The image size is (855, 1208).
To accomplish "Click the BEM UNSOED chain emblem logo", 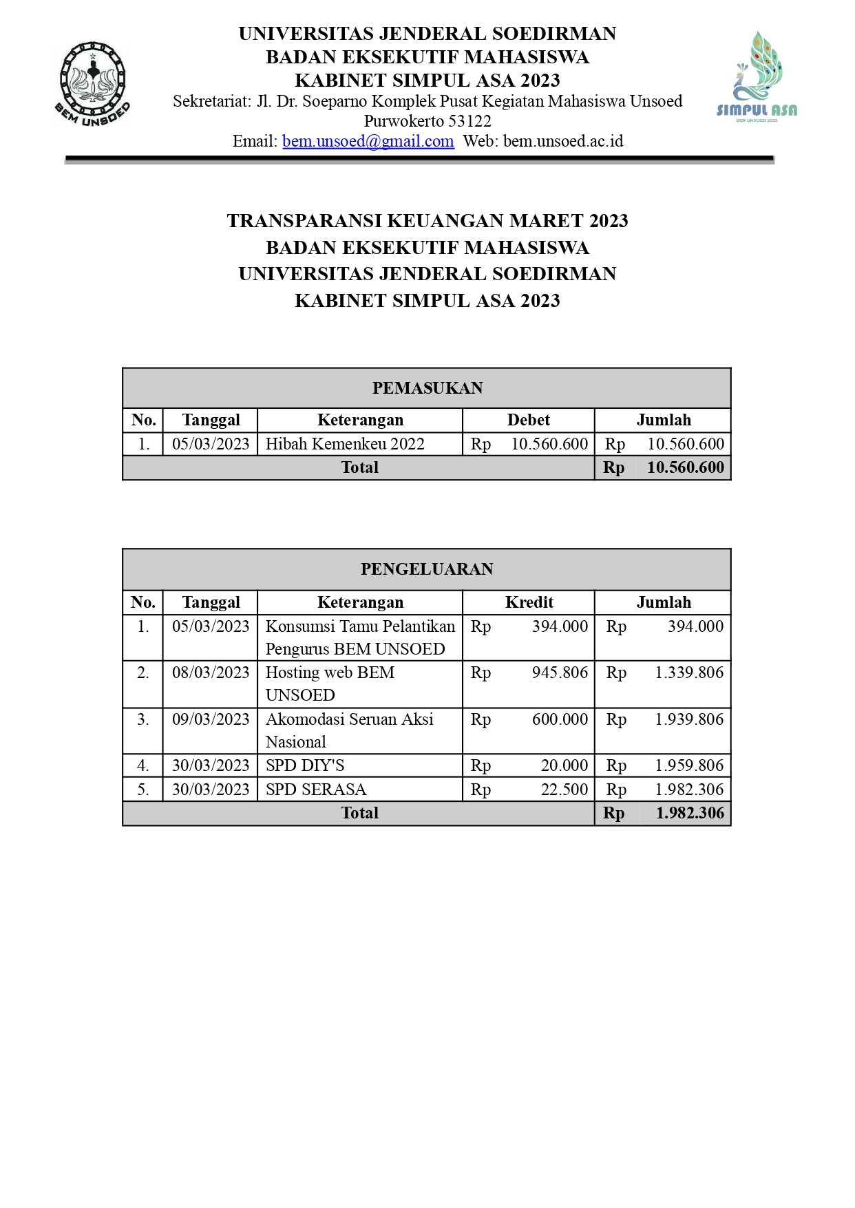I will tap(92, 84).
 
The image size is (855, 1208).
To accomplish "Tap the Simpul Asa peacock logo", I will tap(757, 76).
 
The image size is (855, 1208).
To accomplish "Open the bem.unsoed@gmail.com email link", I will tap(368, 141).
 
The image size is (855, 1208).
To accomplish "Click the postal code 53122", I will tap(469, 121).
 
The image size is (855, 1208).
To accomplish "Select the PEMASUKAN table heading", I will tap(427, 388).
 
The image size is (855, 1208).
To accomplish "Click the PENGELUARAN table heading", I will tap(427, 569).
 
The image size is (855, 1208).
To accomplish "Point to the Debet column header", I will tap(528, 420).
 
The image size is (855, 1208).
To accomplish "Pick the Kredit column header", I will tap(529, 602).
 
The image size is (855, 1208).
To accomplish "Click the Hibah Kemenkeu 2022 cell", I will tap(345, 444).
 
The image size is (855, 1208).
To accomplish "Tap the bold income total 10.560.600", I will tap(685, 467).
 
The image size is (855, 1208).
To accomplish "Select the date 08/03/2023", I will tap(211, 672).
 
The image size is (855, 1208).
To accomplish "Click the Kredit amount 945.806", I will tap(560, 672).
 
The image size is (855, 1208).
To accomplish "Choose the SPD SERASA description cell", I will tap(316, 790).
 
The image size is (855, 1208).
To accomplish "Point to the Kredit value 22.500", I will tap(564, 790).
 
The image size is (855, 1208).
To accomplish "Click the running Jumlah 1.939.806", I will tap(689, 719).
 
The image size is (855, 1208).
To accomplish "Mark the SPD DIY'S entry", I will tap(305, 765).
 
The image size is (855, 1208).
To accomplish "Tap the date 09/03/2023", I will tap(211, 719).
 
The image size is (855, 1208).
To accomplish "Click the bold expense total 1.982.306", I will tap(690, 813).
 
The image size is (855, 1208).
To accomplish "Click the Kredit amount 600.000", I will tap(560, 719).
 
